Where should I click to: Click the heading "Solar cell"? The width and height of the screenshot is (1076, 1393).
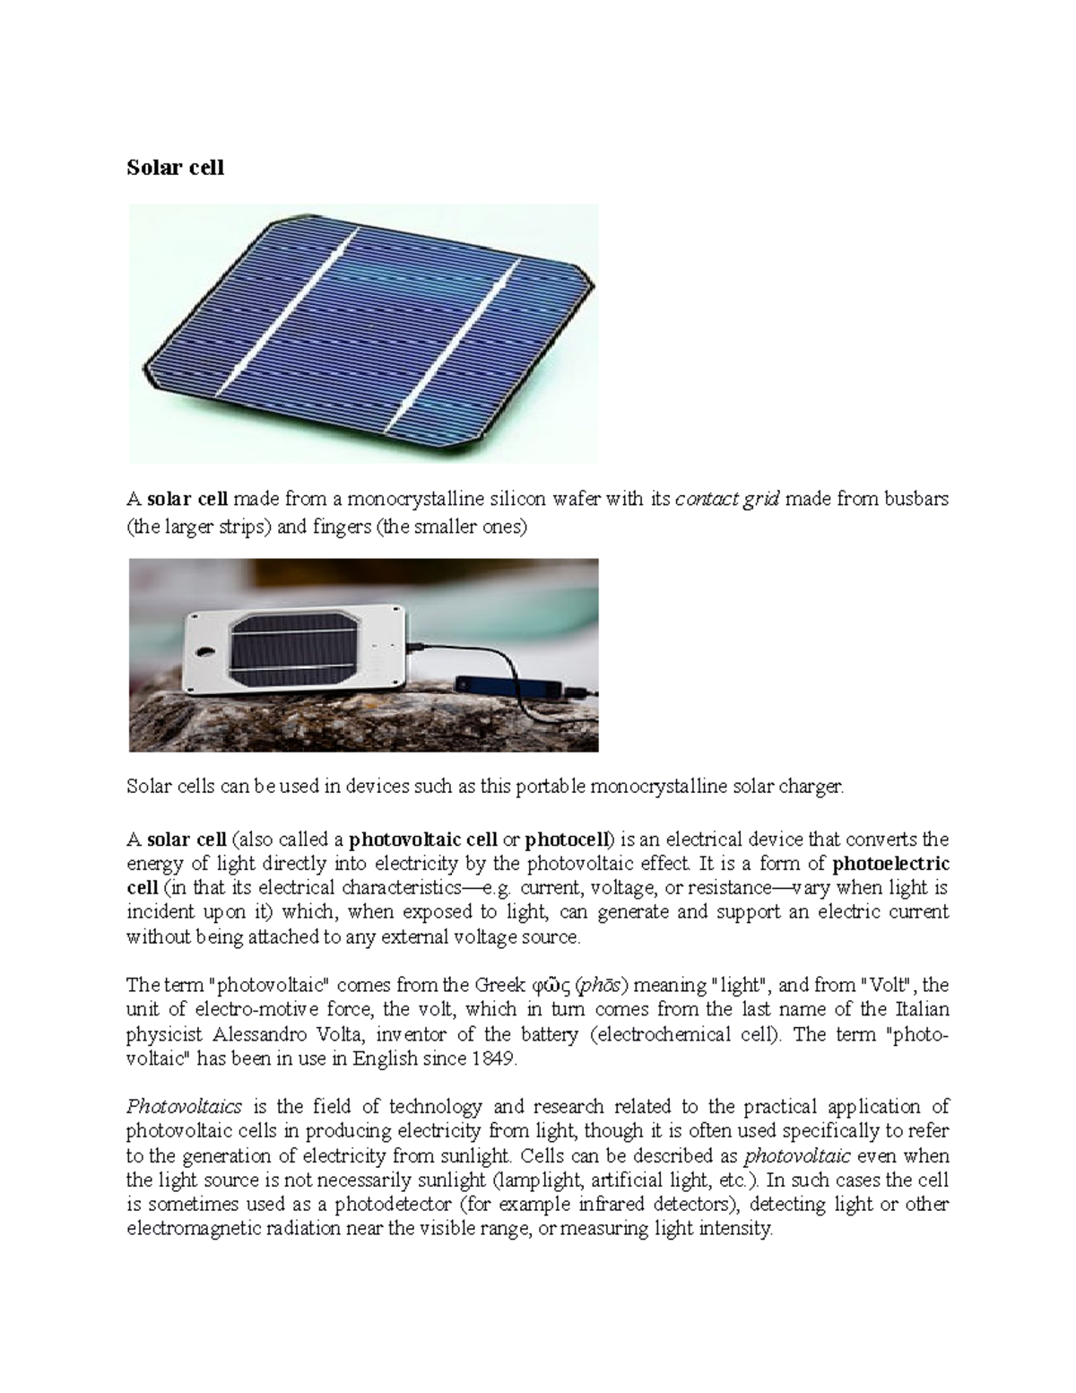175,168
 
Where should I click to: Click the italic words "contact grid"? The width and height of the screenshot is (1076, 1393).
727,501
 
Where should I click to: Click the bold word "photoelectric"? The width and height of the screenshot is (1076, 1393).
890,865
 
